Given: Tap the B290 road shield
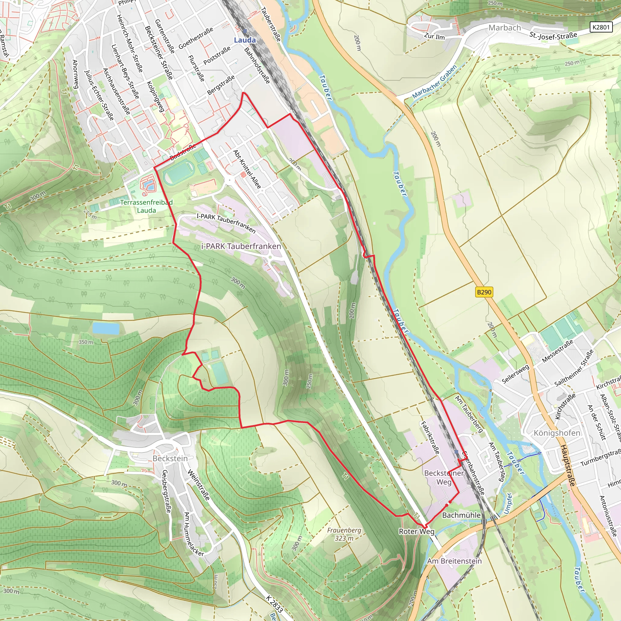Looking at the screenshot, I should (x=484, y=292).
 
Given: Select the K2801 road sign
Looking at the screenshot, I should (x=601, y=27).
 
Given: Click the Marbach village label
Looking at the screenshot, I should (x=504, y=28).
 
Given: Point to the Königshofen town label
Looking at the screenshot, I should (x=557, y=433).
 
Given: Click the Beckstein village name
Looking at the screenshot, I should (x=170, y=458).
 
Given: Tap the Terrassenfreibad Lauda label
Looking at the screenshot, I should (x=146, y=206).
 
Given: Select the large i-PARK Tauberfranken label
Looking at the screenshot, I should (x=241, y=246).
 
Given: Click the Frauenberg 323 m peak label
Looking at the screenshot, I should (x=344, y=534).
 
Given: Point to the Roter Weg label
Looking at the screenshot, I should (x=416, y=531).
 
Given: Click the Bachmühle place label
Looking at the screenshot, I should (x=461, y=515).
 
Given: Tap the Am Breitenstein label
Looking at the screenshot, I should (x=454, y=561).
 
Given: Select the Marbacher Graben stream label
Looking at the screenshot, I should (x=434, y=82).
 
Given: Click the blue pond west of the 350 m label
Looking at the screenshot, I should (x=106, y=328).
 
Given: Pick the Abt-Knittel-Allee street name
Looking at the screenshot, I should (x=247, y=169).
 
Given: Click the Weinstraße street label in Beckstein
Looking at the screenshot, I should (x=199, y=485).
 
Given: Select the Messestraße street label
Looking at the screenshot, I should (x=558, y=351).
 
